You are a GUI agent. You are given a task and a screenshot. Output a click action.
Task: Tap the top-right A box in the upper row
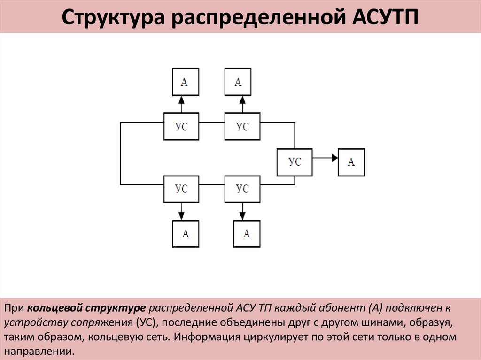pos(238,82)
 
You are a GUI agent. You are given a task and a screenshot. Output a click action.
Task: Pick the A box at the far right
pos(351,162)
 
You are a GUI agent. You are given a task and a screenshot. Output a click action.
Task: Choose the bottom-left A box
pos(186,233)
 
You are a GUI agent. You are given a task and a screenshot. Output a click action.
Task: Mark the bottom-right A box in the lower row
pos(247,233)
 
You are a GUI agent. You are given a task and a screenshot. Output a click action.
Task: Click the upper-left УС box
pos(181,126)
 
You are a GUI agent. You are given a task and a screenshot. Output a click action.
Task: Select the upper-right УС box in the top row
pos(242,126)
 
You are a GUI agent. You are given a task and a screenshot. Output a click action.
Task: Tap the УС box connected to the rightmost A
pos(294,162)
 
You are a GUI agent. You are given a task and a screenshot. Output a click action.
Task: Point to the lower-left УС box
pos(181,189)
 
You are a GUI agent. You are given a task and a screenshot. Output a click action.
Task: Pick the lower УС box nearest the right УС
pos(242,189)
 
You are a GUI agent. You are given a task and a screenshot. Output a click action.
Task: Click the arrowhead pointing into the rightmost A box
pos(334,158)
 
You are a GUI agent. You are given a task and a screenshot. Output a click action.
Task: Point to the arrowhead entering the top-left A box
pos(181,100)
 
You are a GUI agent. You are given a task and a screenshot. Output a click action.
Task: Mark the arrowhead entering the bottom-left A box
pos(181,216)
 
